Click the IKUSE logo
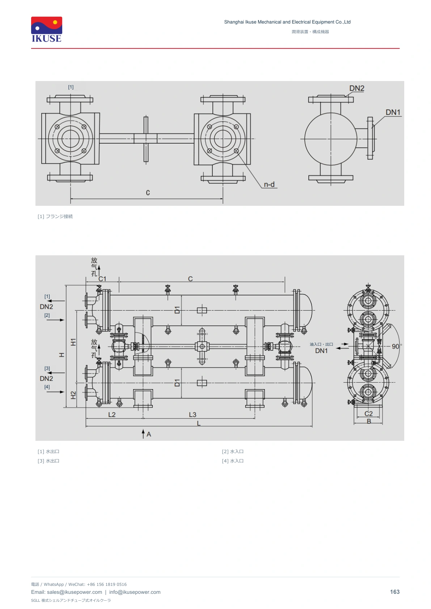[47, 29]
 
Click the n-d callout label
[269, 184]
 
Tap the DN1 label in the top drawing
[393, 112]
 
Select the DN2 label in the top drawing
[357, 88]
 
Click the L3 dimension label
[193, 414]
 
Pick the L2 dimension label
[112, 414]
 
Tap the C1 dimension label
[102, 279]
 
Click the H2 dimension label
[73, 395]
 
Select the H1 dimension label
[73, 342]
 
